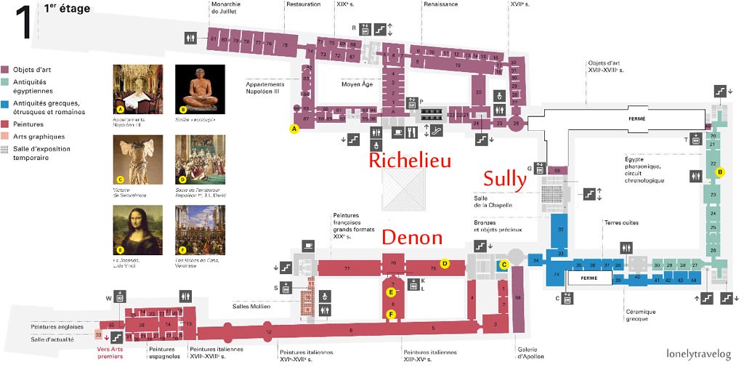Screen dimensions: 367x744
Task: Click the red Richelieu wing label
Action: [x=411, y=160]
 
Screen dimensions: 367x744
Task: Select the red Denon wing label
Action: [x=412, y=237]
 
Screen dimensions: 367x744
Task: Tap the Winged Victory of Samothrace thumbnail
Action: [x=138, y=158]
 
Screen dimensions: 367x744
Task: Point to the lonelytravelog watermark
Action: [x=698, y=354]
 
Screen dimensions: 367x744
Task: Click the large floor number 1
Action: [x=23, y=23]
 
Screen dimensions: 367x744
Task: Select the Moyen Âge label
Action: [x=357, y=84]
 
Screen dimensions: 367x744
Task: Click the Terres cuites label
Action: [x=620, y=222]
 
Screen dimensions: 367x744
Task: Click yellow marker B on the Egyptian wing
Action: [x=719, y=172]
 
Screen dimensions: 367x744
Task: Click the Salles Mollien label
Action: [x=251, y=307]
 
